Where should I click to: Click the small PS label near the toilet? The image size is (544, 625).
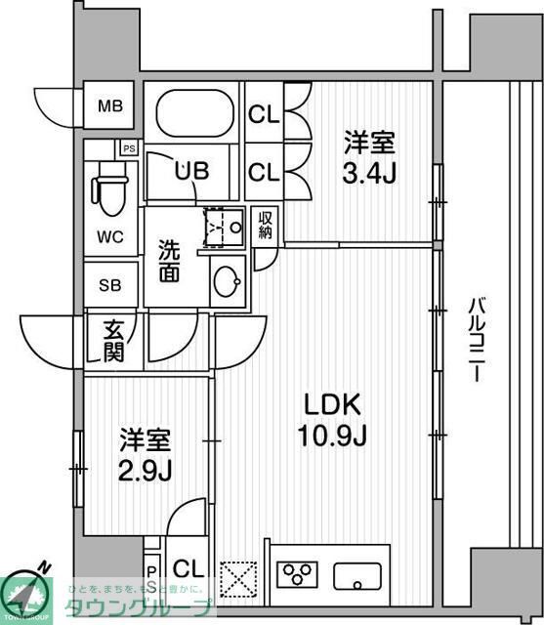128,148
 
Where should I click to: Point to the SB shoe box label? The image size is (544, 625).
110,286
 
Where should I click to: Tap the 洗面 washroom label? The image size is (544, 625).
169,262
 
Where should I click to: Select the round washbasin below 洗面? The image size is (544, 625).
228,282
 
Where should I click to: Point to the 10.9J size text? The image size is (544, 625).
333,436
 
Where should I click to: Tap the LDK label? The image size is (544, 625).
332,404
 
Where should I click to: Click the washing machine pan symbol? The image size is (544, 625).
224,229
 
